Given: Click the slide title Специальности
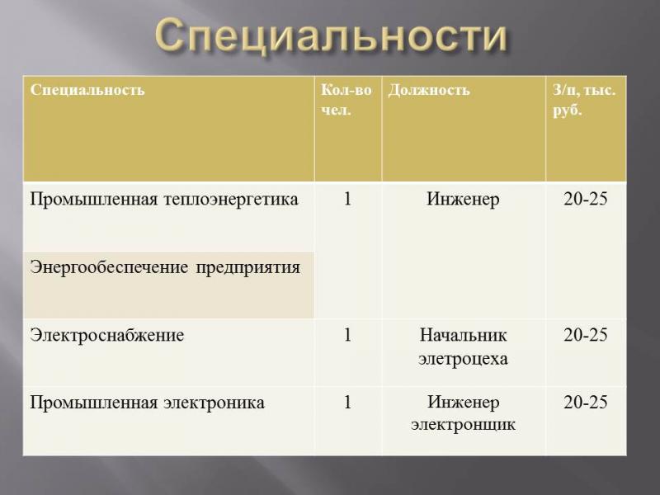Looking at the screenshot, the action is point(331,35).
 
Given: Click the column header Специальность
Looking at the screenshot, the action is point(87,90).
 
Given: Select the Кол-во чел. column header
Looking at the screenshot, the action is point(346,100).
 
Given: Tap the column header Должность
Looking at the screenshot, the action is point(428,90).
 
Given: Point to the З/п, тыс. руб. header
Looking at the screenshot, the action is point(584,100).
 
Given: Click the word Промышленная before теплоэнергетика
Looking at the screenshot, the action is point(93,199).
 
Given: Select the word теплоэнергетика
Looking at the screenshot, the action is point(231,199).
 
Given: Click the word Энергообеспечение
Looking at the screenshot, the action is point(109,267).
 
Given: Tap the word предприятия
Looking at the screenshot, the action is point(248,268).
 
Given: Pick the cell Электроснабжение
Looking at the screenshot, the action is point(107,336).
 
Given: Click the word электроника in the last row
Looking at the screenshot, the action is point(214,403).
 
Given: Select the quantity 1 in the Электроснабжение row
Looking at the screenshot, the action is point(347,335).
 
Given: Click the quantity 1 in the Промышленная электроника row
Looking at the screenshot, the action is point(347,403).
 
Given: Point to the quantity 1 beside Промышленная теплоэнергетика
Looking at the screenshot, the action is point(347,199).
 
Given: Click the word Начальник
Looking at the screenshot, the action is point(463,336).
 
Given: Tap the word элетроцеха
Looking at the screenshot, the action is point(463,359).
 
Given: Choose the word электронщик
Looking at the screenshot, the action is point(463,425).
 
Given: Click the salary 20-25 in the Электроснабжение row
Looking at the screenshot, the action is point(586,335).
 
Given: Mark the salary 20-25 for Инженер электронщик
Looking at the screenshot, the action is point(586,403).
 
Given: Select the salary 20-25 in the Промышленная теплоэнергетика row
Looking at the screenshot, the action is point(586,199).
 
